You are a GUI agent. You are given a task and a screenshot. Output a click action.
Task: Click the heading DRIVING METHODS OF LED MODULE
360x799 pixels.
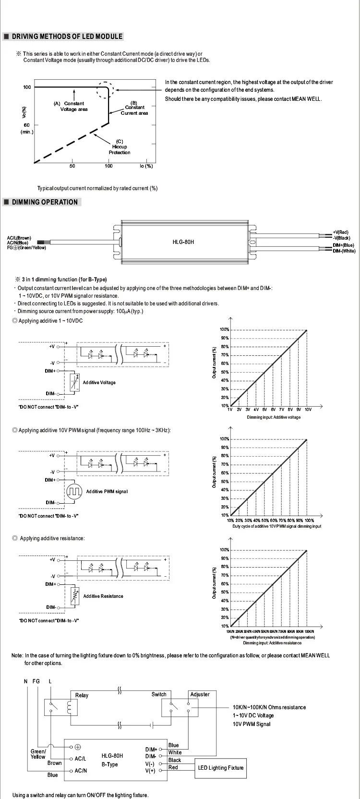[67, 36]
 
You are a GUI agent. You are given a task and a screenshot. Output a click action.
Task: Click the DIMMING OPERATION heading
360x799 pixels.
[45, 202]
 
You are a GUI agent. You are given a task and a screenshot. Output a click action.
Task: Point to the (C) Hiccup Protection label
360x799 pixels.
[120, 147]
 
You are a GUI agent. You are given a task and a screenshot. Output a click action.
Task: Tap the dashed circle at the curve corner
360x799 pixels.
[105, 90]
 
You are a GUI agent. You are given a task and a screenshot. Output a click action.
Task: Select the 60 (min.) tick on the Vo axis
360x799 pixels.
[27, 128]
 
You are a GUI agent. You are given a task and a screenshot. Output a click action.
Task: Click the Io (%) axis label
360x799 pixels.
[146, 166]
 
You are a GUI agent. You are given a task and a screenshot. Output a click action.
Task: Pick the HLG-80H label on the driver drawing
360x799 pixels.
[183, 242]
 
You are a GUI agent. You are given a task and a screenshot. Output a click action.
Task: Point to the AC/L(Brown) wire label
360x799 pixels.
[19, 238]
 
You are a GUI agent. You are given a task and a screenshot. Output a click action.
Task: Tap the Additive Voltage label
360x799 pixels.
[99, 383]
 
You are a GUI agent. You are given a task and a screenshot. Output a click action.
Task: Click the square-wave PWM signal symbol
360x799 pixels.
[74, 492]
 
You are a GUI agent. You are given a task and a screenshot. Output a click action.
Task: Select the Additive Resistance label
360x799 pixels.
[103, 596]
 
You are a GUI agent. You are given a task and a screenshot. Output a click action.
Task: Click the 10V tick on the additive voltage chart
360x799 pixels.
[308, 410]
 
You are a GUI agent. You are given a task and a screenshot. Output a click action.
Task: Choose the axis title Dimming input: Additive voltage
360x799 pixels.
[274, 417]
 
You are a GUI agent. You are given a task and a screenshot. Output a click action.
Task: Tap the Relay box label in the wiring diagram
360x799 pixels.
[82, 695]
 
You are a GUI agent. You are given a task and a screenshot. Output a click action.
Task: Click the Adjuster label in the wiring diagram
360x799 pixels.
[200, 694]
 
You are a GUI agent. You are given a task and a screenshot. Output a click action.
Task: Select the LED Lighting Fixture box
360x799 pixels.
[221, 768]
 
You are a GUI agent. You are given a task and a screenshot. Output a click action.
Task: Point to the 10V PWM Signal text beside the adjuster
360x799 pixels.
[252, 724]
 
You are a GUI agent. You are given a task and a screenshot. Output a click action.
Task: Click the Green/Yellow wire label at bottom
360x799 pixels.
[38, 754]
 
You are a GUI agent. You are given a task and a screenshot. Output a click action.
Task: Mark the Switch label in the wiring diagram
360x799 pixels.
[159, 694]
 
